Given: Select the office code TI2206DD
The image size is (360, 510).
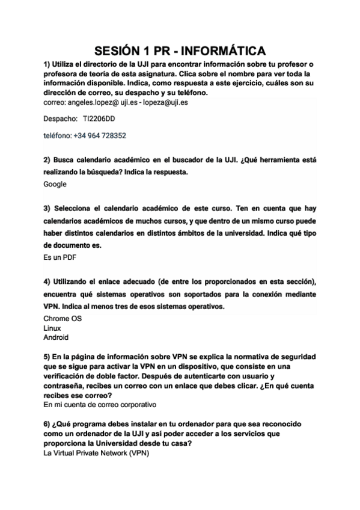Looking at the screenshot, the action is tap(99, 119).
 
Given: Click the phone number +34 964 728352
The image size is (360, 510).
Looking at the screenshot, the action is tap(100, 136).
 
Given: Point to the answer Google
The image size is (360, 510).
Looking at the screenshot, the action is tap(55, 184).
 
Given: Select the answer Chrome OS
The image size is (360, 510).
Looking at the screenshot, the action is tap(63, 319).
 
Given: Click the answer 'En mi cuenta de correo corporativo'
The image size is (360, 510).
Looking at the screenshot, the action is tap(100, 405).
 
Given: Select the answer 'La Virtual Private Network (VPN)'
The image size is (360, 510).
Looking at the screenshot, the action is tap(96, 453).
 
